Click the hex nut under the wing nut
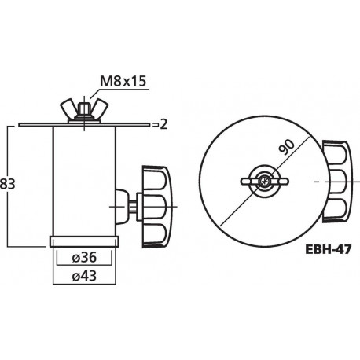coord(83,119)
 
